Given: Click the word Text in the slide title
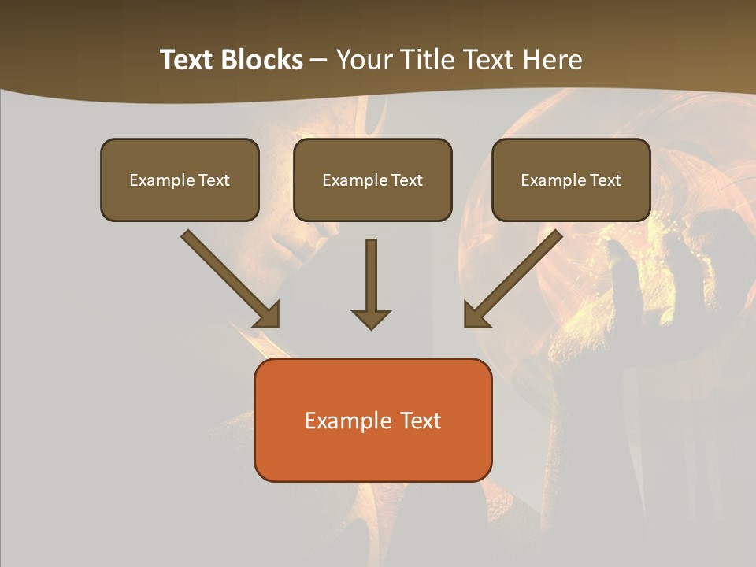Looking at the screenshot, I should click(187, 60).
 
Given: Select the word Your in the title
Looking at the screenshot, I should click(366, 60).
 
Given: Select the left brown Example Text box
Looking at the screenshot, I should click(180, 180).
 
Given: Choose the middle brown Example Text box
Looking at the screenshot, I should click(372, 180).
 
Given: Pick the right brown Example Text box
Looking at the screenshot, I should click(571, 180).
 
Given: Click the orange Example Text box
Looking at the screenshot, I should click(372, 420).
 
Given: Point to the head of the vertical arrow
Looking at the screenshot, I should click(371, 318).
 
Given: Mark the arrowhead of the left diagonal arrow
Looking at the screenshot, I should click(268, 315).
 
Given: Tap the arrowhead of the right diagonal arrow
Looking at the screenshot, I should click(475, 315).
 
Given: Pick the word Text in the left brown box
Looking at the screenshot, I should click(213, 180).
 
